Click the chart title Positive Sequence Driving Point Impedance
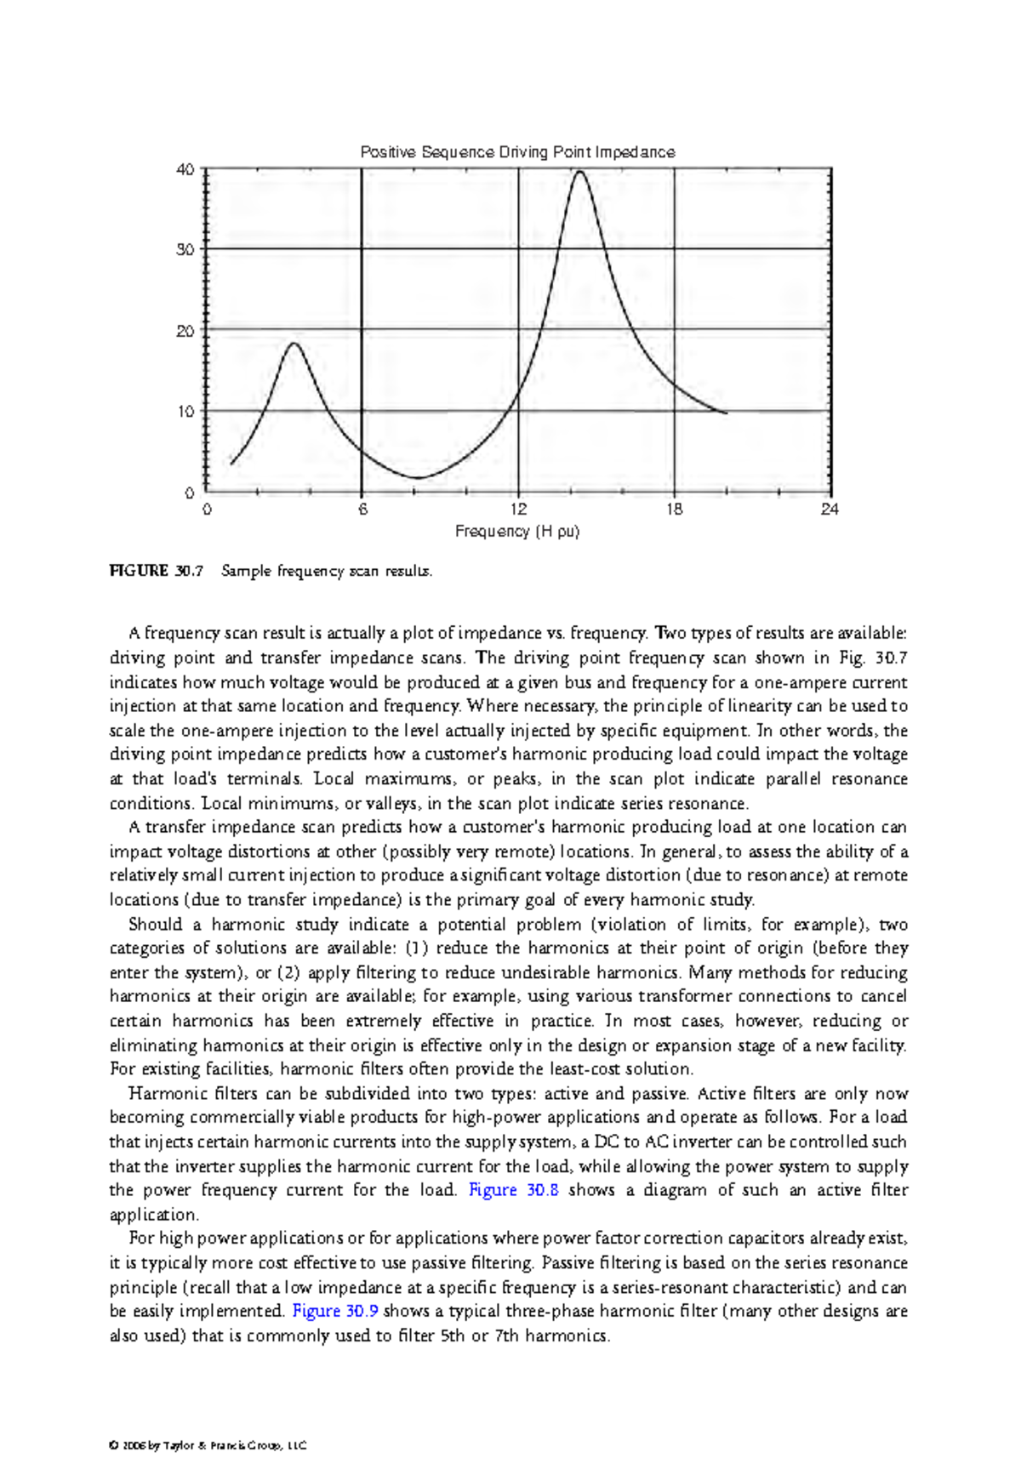coord(517,152)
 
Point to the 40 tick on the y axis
coord(185,169)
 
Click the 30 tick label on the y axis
coord(185,250)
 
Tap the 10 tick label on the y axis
coord(185,412)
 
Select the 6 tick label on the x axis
coord(362,510)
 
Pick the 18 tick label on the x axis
coord(674,510)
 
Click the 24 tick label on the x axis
coord(830,510)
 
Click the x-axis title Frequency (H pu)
coord(517,532)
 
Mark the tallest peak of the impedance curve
coord(579,172)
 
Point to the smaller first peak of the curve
coord(294,344)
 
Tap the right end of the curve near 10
coord(725,413)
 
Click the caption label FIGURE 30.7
coord(157,572)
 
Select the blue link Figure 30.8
coord(513,1190)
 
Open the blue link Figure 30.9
coord(335,1311)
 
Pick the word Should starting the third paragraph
coord(156,925)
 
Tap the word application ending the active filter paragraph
coord(152,1215)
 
